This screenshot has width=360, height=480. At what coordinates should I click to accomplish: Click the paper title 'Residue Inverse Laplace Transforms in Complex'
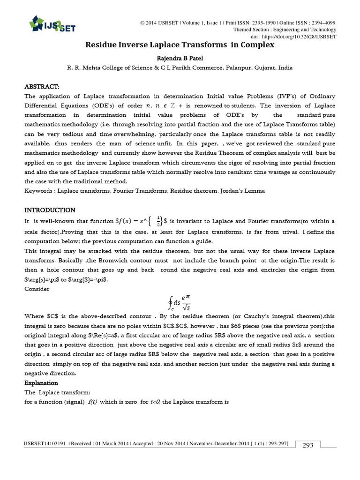(180, 45)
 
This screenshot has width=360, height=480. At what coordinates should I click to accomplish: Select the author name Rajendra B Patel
(180, 58)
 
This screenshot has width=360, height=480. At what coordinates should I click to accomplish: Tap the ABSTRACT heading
(42, 87)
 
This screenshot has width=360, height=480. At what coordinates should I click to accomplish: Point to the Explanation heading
(41, 383)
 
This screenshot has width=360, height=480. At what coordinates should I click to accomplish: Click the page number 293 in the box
(307, 445)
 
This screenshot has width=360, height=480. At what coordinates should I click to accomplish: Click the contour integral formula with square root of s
(180, 302)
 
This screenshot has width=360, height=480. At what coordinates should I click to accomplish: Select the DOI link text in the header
(293, 36)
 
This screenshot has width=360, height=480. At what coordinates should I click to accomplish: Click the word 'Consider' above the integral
(37, 289)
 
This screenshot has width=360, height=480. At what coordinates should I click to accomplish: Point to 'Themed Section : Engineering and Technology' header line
(285, 30)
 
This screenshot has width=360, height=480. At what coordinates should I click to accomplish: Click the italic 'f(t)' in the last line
(93, 402)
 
